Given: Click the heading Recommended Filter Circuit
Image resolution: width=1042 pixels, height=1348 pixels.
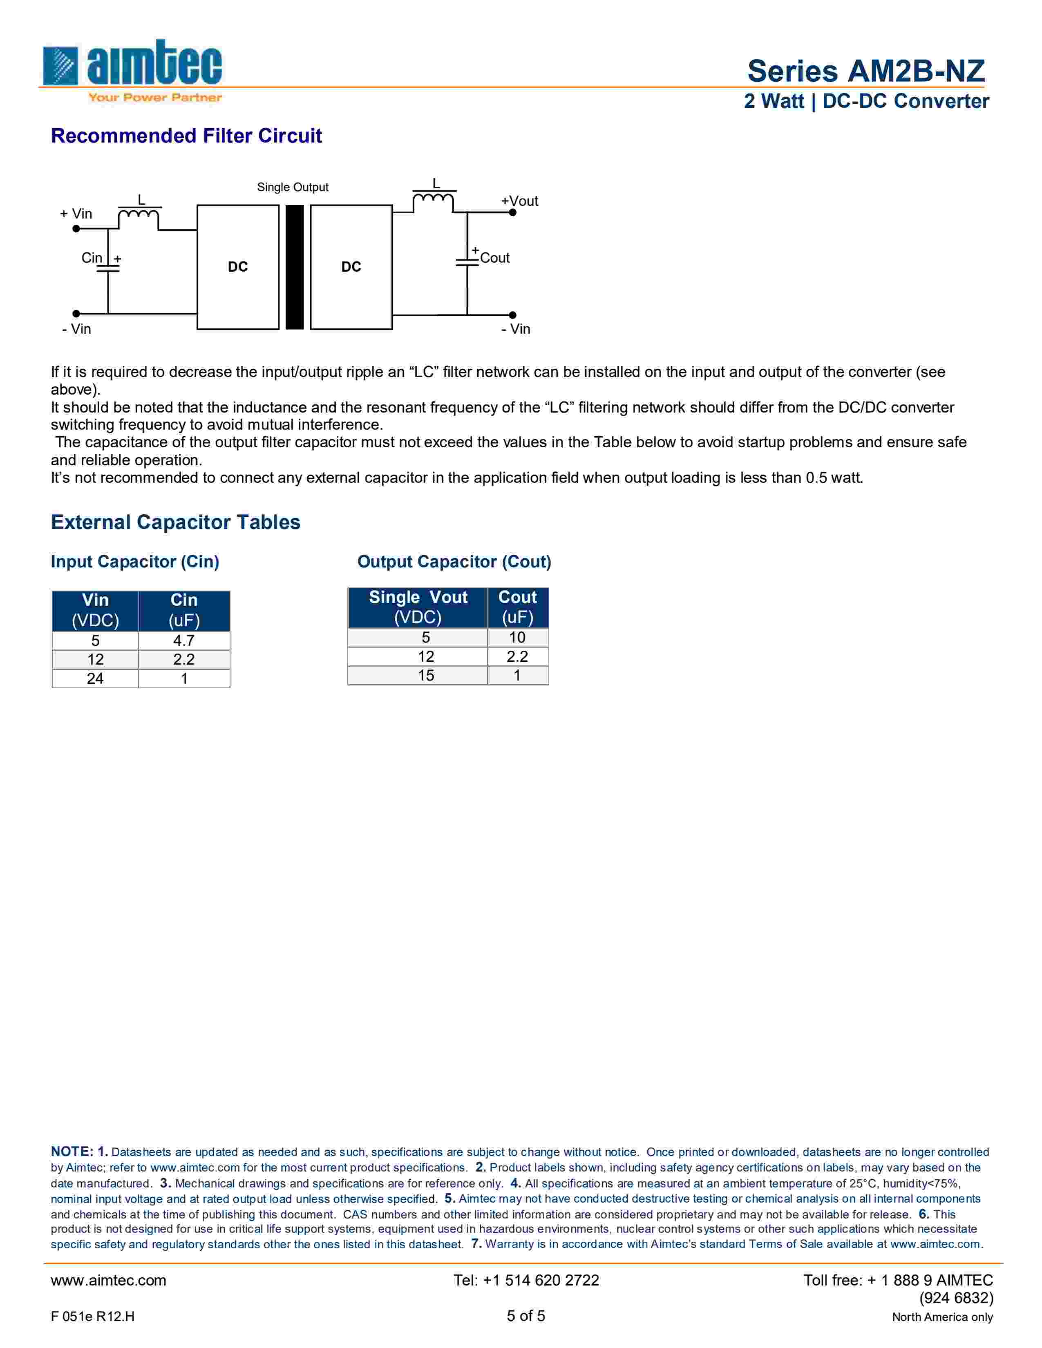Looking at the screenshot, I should [x=186, y=136].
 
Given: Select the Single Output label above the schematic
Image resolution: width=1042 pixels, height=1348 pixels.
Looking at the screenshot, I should [x=293, y=187].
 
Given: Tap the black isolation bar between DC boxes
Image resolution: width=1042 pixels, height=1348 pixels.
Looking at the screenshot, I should [x=295, y=267].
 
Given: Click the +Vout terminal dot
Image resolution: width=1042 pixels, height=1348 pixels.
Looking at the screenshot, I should [x=512, y=212].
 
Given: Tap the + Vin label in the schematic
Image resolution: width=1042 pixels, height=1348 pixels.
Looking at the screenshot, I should [x=76, y=214].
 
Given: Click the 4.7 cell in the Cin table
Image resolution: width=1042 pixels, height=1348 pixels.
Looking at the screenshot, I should [x=184, y=641].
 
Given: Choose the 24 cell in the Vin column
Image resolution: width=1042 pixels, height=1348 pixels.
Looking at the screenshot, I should [x=95, y=678].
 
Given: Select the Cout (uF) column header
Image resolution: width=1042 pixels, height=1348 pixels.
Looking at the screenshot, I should [x=517, y=607].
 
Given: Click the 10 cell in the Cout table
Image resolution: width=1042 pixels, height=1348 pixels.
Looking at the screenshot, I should [x=517, y=638].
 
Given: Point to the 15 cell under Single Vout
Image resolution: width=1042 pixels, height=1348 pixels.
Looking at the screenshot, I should [x=426, y=675].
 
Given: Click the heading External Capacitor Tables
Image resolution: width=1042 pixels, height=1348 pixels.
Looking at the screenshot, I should [x=175, y=522].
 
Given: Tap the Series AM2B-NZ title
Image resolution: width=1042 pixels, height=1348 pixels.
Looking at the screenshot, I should [x=865, y=71].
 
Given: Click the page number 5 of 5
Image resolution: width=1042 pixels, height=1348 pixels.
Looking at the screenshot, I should [x=526, y=1316].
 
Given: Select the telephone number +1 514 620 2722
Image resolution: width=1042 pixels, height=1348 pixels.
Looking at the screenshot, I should [x=526, y=1280].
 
